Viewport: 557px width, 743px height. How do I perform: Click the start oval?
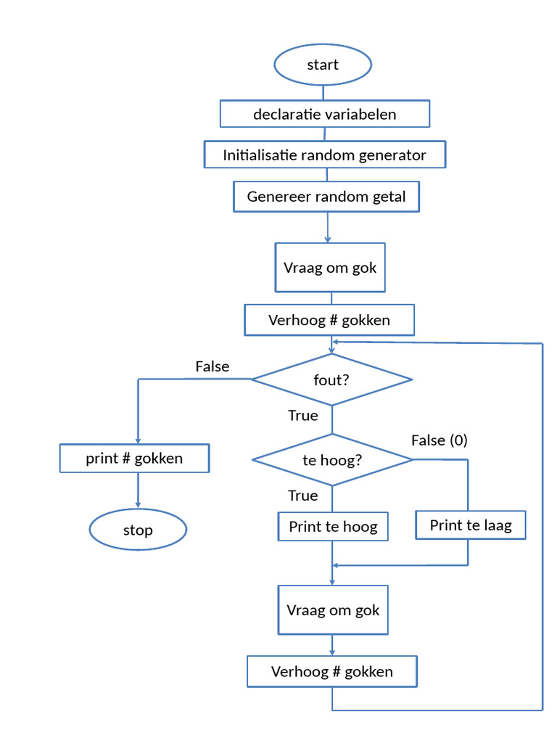(x=323, y=65)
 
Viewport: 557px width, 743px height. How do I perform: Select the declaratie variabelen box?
(x=325, y=114)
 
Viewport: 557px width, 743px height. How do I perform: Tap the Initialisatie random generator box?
(x=324, y=155)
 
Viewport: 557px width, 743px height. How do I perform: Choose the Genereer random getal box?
(x=326, y=197)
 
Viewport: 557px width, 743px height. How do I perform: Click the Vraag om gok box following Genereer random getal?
(x=331, y=267)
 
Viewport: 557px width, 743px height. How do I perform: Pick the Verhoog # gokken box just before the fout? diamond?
(x=329, y=320)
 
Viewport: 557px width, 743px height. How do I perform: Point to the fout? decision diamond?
(x=331, y=379)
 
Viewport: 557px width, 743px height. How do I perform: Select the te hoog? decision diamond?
(x=331, y=460)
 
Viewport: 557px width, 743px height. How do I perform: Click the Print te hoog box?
(x=333, y=526)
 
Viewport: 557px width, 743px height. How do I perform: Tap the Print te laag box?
(x=470, y=525)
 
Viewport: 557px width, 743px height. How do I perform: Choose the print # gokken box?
(x=134, y=459)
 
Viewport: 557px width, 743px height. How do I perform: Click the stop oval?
(x=138, y=530)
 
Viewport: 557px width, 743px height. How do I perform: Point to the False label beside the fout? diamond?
(x=212, y=366)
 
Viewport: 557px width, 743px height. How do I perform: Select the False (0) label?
(x=439, y=440)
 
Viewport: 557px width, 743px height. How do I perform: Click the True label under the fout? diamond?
(x=302, y=416)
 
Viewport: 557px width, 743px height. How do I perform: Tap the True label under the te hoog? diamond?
(x=302, y=496)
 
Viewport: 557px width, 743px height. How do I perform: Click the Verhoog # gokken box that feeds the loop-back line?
(x=332, y=671)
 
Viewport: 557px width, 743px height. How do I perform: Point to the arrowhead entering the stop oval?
(x=138, y=506)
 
